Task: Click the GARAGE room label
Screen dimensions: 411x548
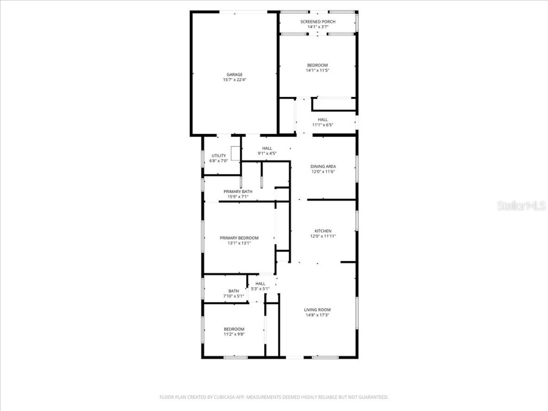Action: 234,74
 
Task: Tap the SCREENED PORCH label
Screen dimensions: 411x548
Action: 317,21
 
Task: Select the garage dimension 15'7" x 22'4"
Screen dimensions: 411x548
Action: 234,80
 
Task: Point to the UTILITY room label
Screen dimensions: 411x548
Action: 218,155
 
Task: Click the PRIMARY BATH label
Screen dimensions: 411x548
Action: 238,192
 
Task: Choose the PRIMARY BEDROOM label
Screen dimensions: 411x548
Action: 239,238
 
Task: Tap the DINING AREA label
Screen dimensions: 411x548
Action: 323,166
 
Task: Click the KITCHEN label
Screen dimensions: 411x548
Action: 323,231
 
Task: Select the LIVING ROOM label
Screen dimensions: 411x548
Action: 317,310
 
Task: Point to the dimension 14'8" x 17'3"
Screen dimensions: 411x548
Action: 317,315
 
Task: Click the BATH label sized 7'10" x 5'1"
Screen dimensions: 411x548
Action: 233,291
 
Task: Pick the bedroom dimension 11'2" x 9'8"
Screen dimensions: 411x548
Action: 234,334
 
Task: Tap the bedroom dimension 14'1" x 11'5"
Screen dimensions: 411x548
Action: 317,71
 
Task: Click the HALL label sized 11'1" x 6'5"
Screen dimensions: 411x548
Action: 323,120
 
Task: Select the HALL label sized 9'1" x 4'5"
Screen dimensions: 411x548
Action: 267,148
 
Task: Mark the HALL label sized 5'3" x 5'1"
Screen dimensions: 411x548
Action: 260,284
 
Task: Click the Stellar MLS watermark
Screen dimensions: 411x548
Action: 521,206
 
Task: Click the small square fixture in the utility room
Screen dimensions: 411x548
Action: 235,151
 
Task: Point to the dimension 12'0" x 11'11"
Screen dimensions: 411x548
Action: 323,237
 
